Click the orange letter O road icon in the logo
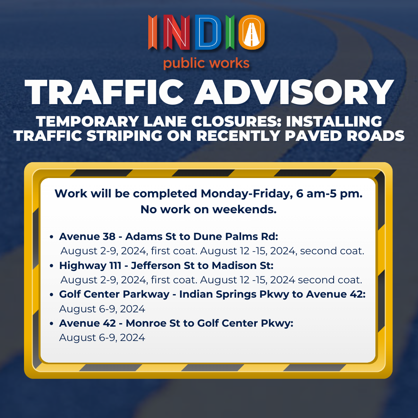tap(252, 32)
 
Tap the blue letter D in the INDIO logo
tap(208, 33)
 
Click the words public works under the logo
tap(206, 63)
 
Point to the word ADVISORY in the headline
tap(294, 92)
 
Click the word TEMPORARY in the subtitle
tap(87, 121)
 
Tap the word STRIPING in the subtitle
tap(124, 135)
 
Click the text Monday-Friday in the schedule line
tap(245, 194)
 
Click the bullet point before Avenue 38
tap(52, 237)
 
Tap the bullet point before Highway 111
tap(52, 266)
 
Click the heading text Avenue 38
tap(87, 236)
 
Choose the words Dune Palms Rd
tap(236, 236)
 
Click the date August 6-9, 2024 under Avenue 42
tap(102, 338)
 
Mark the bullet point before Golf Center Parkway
tap(52, 294)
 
